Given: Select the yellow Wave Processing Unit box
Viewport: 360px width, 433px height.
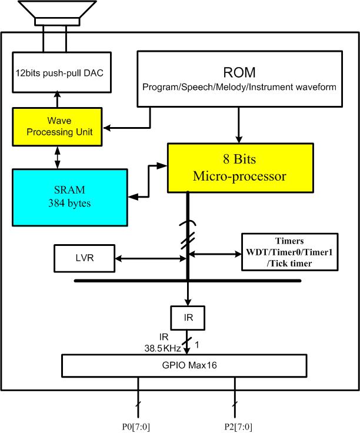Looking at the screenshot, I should pyautogui.click(x=57, y=125).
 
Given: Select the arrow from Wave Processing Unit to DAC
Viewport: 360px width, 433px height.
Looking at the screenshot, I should pyautogui.click(x=57, y=99).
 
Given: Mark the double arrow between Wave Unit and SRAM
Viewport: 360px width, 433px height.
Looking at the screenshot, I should pyautogui.click(x=57, y=156).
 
